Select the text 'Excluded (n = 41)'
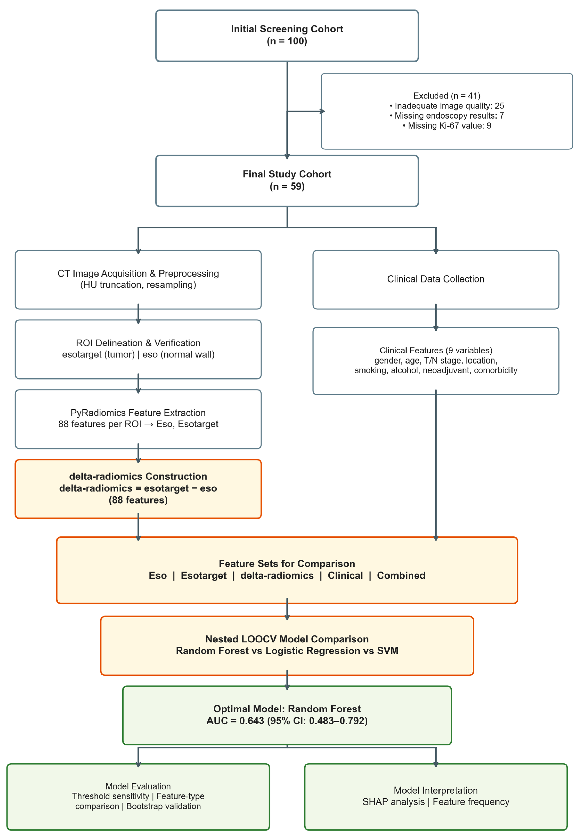(447, 96)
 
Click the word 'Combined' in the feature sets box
(401, 575)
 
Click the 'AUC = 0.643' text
(235, 721)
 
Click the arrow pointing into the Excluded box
(306, 111)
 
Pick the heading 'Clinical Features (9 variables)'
(436, 350)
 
